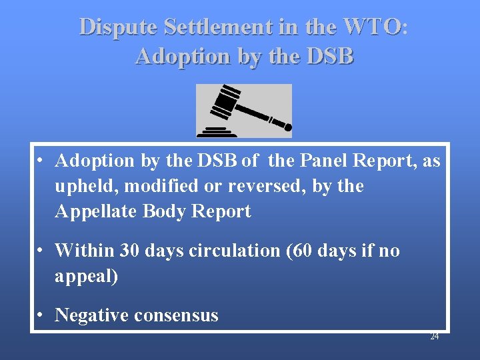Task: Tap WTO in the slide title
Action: (x=373, y=27)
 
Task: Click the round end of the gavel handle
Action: (x=287, y=125)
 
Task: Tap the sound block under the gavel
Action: (x=216, y=131)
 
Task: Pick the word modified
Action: (x=147, y=186)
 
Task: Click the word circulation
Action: (x=230, y=251)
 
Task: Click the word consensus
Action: (x=176, y=315)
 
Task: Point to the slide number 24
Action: (x=434, y=337)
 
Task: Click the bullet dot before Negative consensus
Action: (x=41, y=315)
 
